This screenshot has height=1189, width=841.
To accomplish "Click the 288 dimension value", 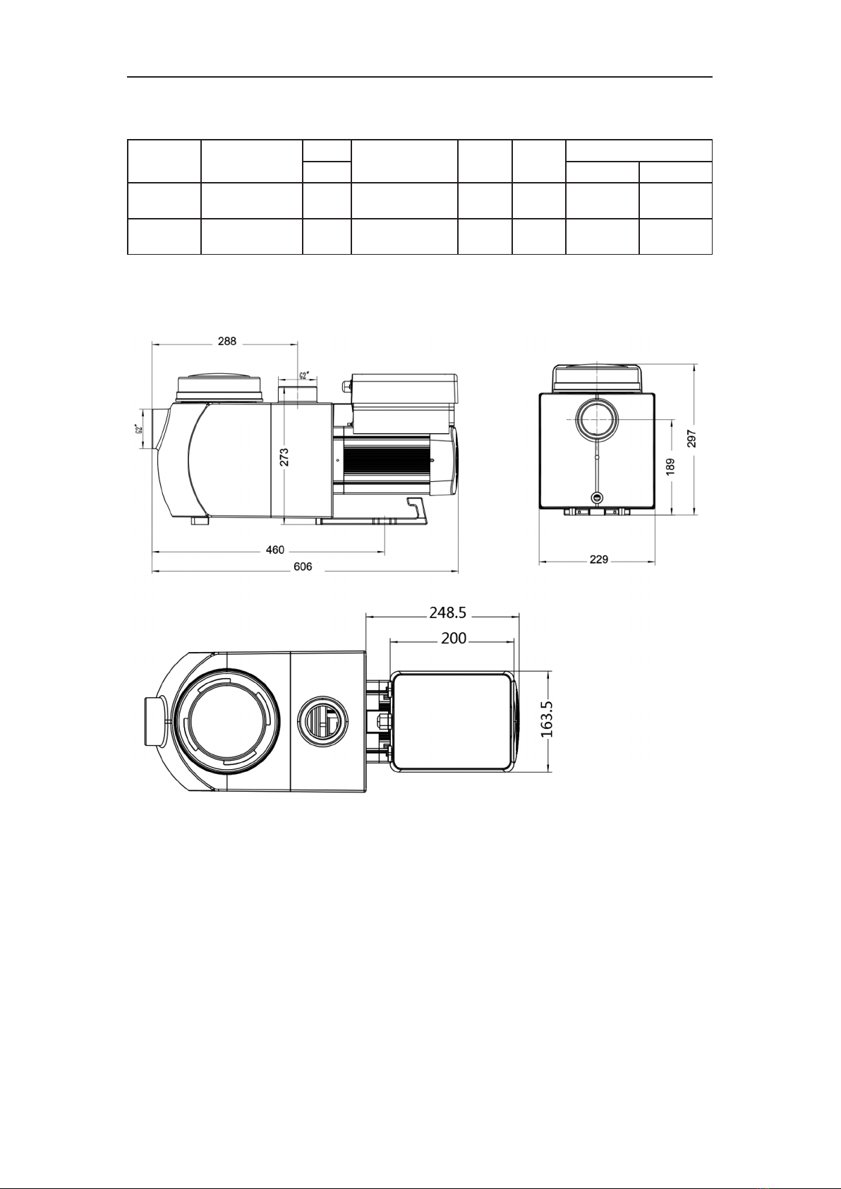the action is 226,342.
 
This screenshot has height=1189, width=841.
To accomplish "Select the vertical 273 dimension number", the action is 284,457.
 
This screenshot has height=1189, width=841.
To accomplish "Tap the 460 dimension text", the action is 275,550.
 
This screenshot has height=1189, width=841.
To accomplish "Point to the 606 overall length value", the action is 303,567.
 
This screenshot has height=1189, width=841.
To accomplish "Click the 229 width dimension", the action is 598,560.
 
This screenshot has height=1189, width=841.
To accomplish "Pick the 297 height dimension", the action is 692,438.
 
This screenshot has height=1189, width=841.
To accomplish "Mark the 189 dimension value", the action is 670,466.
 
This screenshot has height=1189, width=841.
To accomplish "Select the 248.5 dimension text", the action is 447,612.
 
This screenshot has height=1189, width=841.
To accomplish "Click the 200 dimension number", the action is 454,638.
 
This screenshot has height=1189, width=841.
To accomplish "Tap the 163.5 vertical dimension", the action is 547,719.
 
